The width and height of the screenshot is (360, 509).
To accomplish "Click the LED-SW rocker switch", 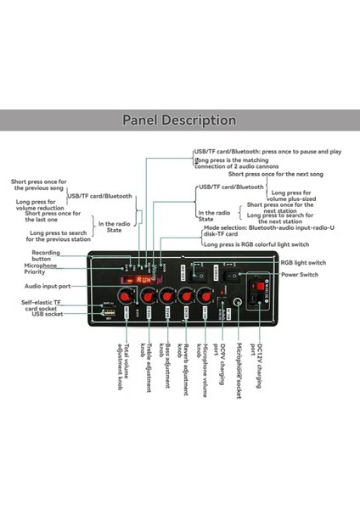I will click(201, 274).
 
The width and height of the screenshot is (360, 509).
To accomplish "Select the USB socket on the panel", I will click(109, 314).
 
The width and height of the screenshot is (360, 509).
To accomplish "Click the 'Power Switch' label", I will click(300, 275).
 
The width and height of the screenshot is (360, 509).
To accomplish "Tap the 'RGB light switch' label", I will click(302, 262).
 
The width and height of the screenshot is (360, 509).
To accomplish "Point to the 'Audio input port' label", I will click(46, 286).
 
